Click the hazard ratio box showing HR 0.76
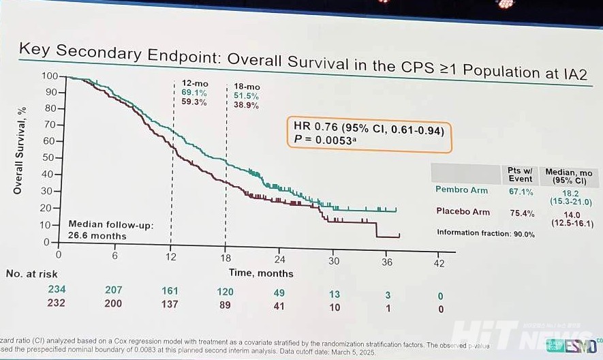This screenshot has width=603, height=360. pyautogui.click(x=369, y=134)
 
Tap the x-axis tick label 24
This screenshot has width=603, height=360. pyautogui.click(x=279, y=260)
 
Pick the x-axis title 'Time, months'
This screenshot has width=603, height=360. pyautogui.click(x=261, y=273)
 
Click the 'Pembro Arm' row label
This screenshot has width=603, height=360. pyautogui.click(x=462, y=190)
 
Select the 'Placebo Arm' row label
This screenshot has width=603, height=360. pyautogui.click(x=463, y=211)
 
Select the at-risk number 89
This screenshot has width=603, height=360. pyautogui.click(x=225, y=303)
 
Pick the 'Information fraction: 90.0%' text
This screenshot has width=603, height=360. pyautogui.click(x=485, y=234)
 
